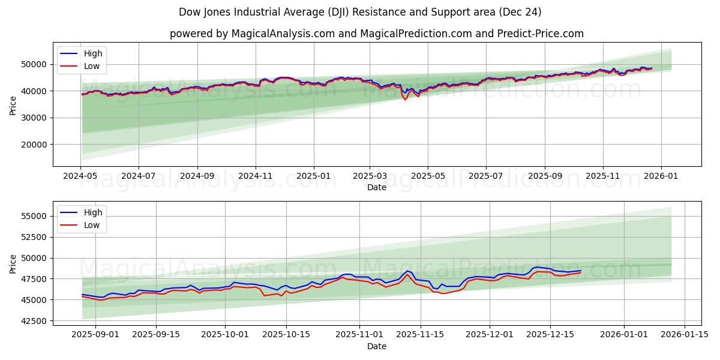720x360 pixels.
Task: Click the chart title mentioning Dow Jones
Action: point(360,12)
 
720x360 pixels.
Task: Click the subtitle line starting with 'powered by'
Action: point(376,34)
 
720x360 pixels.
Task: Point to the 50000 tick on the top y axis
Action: point(35,64)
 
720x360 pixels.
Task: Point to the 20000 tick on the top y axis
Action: point(35,145)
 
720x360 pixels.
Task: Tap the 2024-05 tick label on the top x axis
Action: point(80,176)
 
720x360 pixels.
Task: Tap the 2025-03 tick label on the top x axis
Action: point(370,176)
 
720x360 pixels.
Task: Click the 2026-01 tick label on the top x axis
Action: point(661,176)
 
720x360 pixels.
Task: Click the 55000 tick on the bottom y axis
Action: point(35,216)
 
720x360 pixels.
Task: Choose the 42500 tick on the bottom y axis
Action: point(35,321)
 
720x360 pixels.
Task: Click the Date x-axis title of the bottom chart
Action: point(376,346)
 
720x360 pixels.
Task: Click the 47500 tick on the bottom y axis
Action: point(35,279)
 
